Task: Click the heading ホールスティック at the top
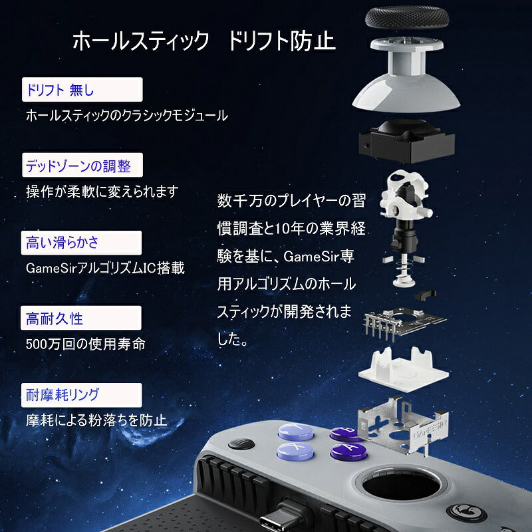point(140,43)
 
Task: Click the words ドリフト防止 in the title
point(281,43)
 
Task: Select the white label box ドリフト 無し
point(82,89)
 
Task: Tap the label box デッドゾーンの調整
point(82,164)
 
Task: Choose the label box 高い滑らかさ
point(82,241)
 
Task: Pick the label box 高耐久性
point(82,318)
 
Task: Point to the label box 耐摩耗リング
point(82,393)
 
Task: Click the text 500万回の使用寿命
point(85,344)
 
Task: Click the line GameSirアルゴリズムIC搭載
point(104,268)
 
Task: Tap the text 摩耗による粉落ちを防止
point(96,420)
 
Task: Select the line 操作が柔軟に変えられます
point(102,192)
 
